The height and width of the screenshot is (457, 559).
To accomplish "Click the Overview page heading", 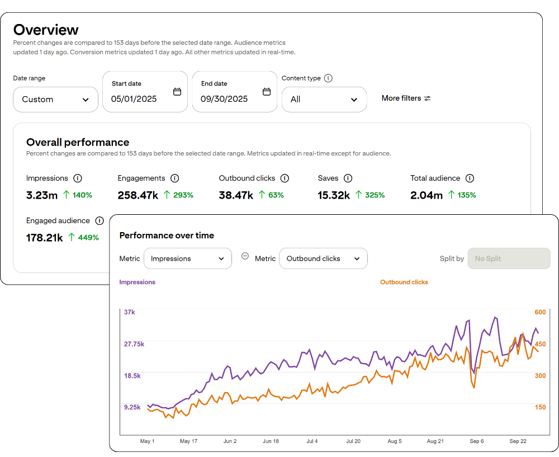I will click(x=46, y=30).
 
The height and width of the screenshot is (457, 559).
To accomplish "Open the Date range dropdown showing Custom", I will click(x=55, y=100).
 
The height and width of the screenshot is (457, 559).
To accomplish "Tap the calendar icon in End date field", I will click(x=267, y=92).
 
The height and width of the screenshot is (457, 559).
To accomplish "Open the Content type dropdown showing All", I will click(x=324, y=100).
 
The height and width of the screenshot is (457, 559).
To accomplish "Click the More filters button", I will click(x=406, y=98).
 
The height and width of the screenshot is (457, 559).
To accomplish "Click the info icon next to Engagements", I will click(x=174, y=178).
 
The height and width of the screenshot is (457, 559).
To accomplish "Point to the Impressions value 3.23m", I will click(x=41, y=195).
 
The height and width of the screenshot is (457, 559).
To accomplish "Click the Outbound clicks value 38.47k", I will click(x=236, y=195).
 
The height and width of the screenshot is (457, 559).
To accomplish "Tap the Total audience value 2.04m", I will click(x=426, y=195).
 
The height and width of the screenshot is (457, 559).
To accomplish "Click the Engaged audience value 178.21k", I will click(x=44, y=238).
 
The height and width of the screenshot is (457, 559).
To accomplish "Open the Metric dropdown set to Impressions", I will click(x=187, y=258).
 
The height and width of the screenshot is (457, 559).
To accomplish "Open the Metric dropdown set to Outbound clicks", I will click(x=323, y=258).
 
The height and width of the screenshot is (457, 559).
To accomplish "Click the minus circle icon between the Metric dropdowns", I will click(x=245, y=256).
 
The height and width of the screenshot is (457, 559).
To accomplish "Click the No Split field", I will click(x=509, y=258).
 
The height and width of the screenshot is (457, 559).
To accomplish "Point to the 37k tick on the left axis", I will click(x=130, y=312).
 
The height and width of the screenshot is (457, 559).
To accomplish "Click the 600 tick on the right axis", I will click(x=540, y=312).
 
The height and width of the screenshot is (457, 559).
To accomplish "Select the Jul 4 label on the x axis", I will click(x=312, y=441).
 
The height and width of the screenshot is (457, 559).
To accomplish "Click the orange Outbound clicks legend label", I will click(x=404, y=282).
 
